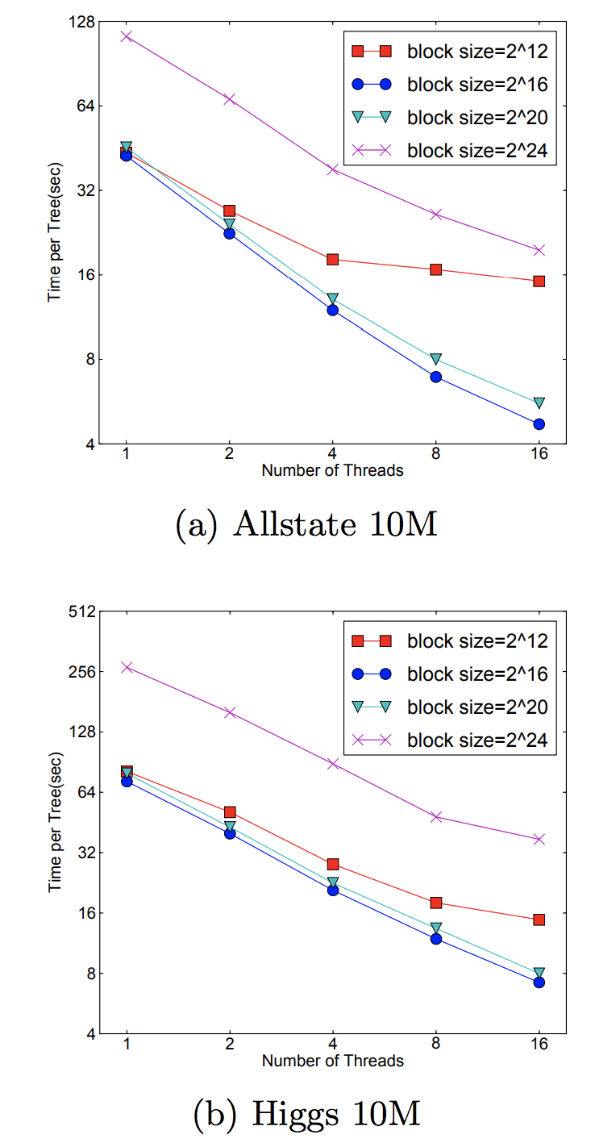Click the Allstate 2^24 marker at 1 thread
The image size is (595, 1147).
(126, 36)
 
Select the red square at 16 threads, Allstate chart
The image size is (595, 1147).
(539, 282)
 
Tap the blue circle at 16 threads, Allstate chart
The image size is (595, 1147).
(539, 424)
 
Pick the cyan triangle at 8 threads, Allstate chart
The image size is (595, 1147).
(435, 359)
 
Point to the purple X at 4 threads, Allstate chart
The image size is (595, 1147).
(332, 169)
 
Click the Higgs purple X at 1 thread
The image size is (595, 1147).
(126, 667)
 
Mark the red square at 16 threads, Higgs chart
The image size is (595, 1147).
(539, 920)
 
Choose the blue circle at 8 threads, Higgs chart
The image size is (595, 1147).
(435, 939)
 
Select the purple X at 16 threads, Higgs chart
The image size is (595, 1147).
(539, 840)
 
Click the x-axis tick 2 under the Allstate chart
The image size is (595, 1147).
(229, 453)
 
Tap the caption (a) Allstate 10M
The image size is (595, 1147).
(306, 525)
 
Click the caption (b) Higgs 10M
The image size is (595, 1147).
(307, 1116)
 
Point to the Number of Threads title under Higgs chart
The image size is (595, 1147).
(332, 1061)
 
